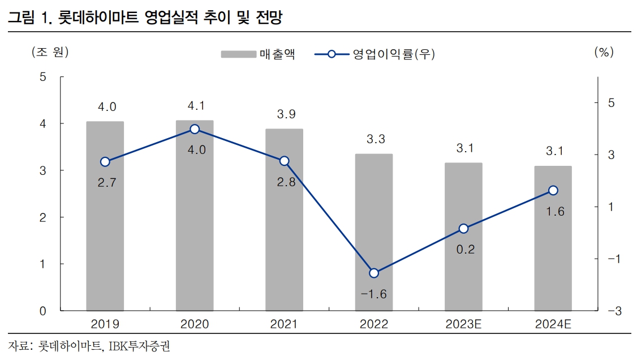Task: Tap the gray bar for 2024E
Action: pyautogui.click(x=553, y=249)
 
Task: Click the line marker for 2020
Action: pyautogui.click(x=195, y=129)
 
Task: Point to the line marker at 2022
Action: pyautogui.click(x=373, y=273)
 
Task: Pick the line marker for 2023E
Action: pyautogui.click(x=463, y=229)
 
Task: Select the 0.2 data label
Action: pyautogui.click(x=465, y=249)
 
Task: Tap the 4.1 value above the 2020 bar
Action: pyautogui.click(x=195, y=106)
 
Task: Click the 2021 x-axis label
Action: pyautogui.click(x=284, y=324)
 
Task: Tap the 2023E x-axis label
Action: pyautogui.click(x=463, y=324)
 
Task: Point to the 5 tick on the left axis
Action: pyautogui.click(x=43, y=77)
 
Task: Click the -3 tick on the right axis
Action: pyautogui.click(x=615, y=311)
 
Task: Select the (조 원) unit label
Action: pyautogui.click(x=50, y=52)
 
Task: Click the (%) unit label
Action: pyautogui.click(x=604, y=52)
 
